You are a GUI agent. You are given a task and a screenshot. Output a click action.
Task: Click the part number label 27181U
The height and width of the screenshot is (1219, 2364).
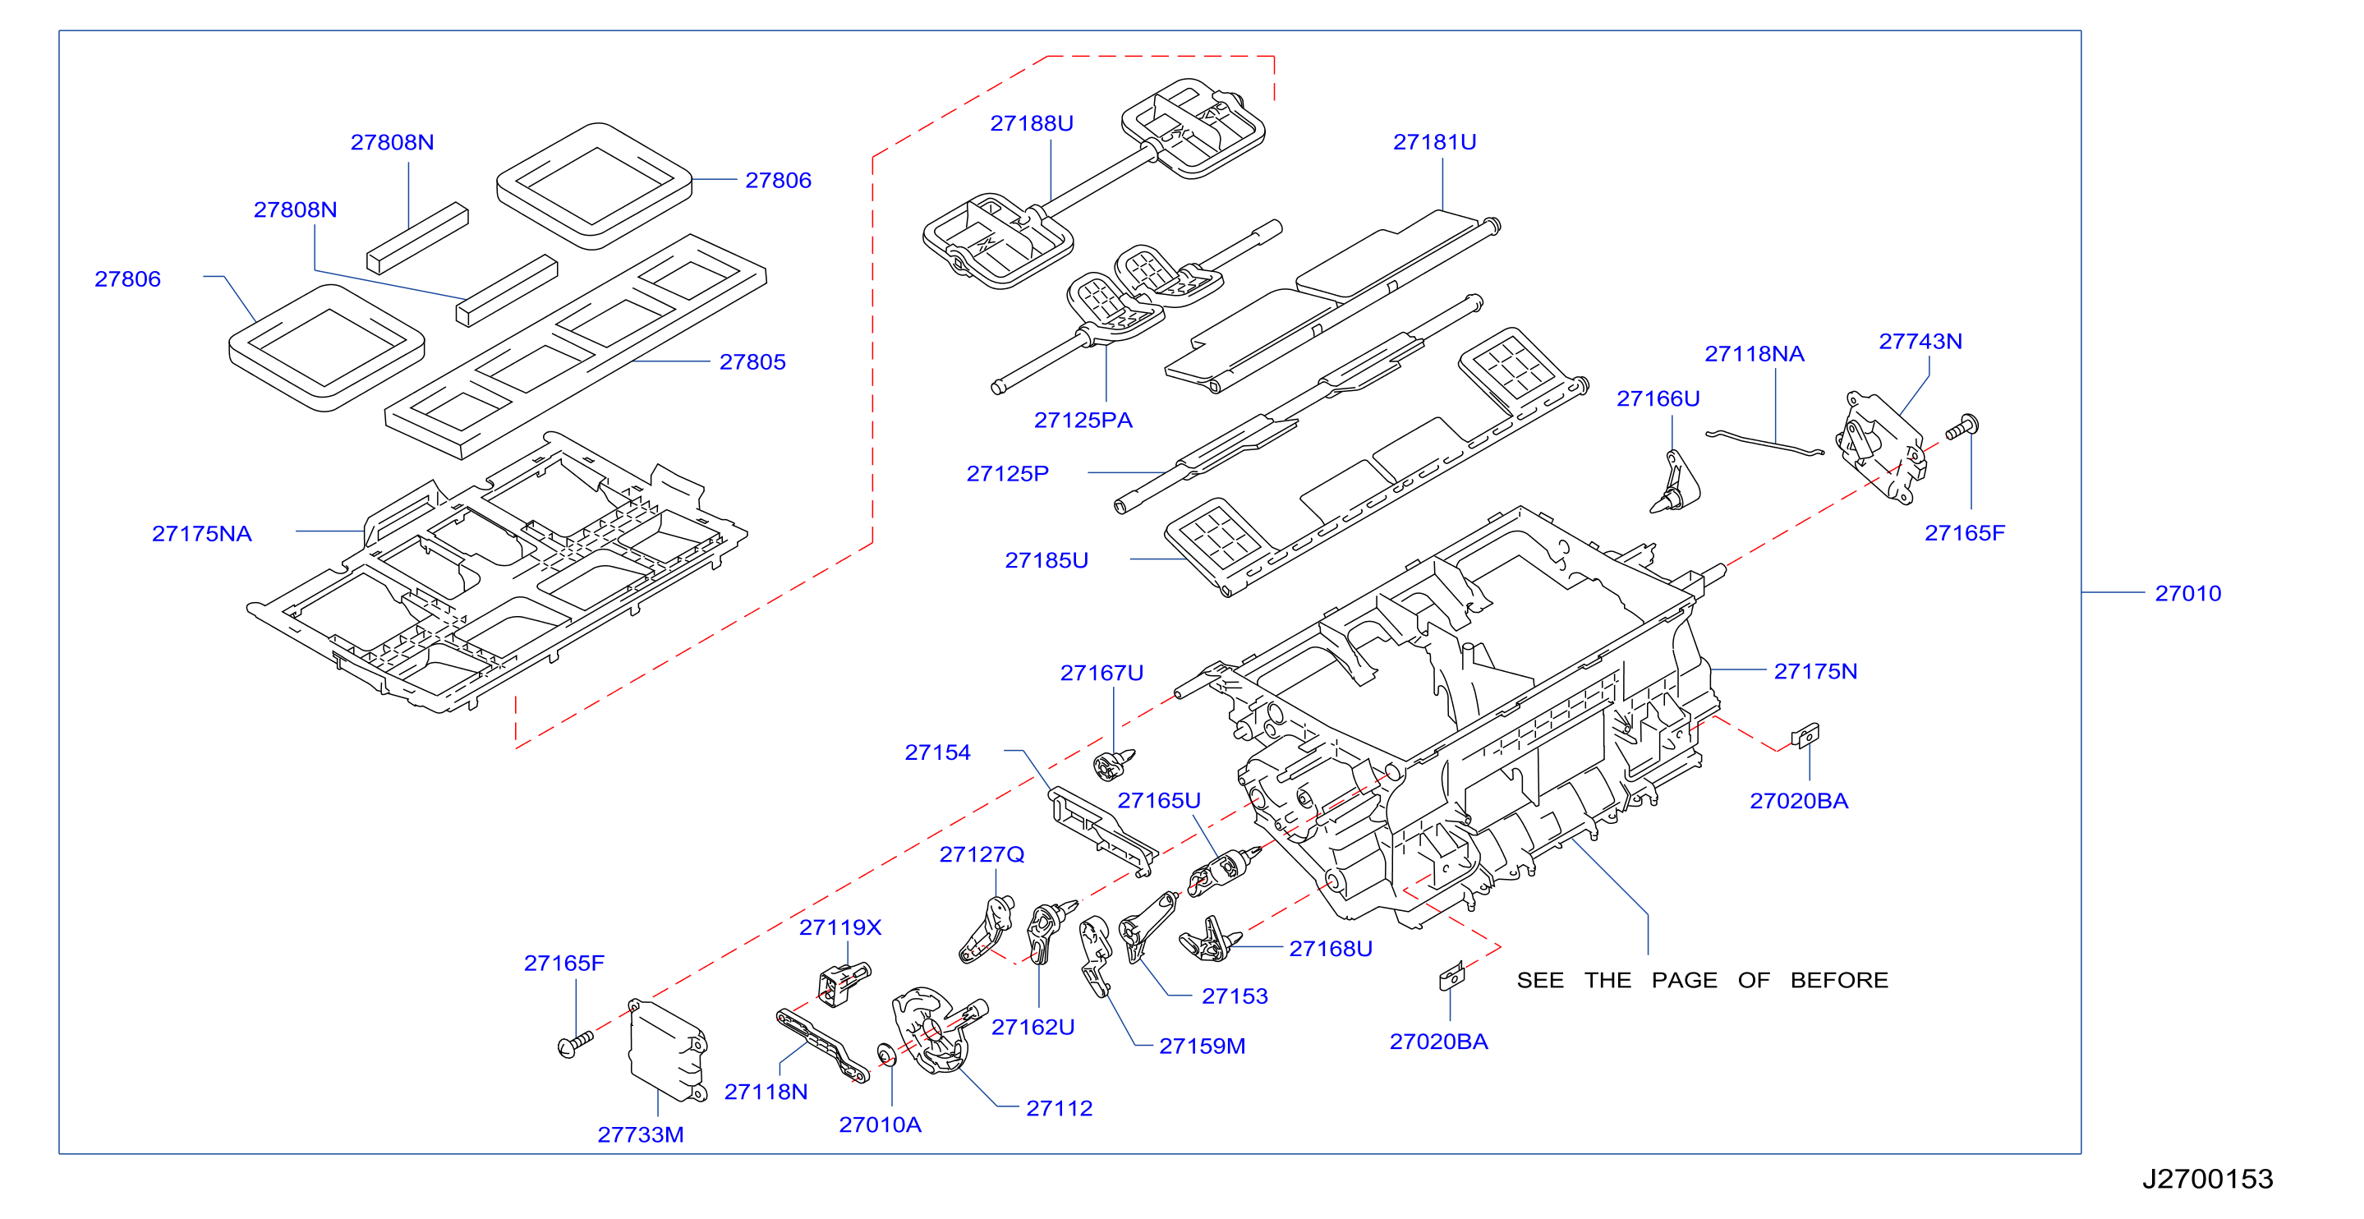coord(1434,142)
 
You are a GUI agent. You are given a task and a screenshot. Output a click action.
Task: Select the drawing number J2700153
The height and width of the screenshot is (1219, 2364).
coord(2207,1179)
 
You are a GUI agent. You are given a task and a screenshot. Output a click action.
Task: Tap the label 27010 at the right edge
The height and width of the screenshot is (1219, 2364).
coord(2187,594)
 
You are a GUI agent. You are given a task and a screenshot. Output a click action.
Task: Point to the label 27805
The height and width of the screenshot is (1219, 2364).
coord(752,362)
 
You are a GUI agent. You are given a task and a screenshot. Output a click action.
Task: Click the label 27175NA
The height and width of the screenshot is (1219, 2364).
coord(202,534)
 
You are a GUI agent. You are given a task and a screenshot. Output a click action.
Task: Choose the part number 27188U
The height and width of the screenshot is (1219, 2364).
coord(1032,124)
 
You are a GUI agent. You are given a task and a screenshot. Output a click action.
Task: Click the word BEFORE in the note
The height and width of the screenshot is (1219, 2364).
coord(1839,980)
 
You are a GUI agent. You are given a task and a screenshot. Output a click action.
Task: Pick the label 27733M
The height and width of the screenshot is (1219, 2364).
coord(641,1135)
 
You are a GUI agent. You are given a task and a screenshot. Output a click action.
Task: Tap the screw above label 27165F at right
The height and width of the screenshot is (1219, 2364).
coord(1962,428)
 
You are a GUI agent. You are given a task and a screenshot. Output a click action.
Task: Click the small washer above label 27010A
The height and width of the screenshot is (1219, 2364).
coord(885,1054)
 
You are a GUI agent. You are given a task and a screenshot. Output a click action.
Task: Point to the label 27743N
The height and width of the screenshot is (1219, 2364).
coord(1920,342)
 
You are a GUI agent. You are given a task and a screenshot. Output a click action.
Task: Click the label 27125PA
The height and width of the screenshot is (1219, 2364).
coord(1083,421)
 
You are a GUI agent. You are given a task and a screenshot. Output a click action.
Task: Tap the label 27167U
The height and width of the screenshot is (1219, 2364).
coord(1102,674)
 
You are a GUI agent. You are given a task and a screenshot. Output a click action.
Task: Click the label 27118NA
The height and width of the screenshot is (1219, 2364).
coord(1755,354)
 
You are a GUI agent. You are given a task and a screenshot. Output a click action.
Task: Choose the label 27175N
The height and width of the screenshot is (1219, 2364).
coord(1815,672)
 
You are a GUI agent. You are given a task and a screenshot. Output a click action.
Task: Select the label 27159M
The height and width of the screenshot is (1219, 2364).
coord(1203,1046)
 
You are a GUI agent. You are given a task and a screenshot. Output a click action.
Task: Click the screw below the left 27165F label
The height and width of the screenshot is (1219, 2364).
coord(576,1045)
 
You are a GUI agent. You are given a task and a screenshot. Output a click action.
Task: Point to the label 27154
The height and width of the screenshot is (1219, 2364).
coord(937,752)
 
